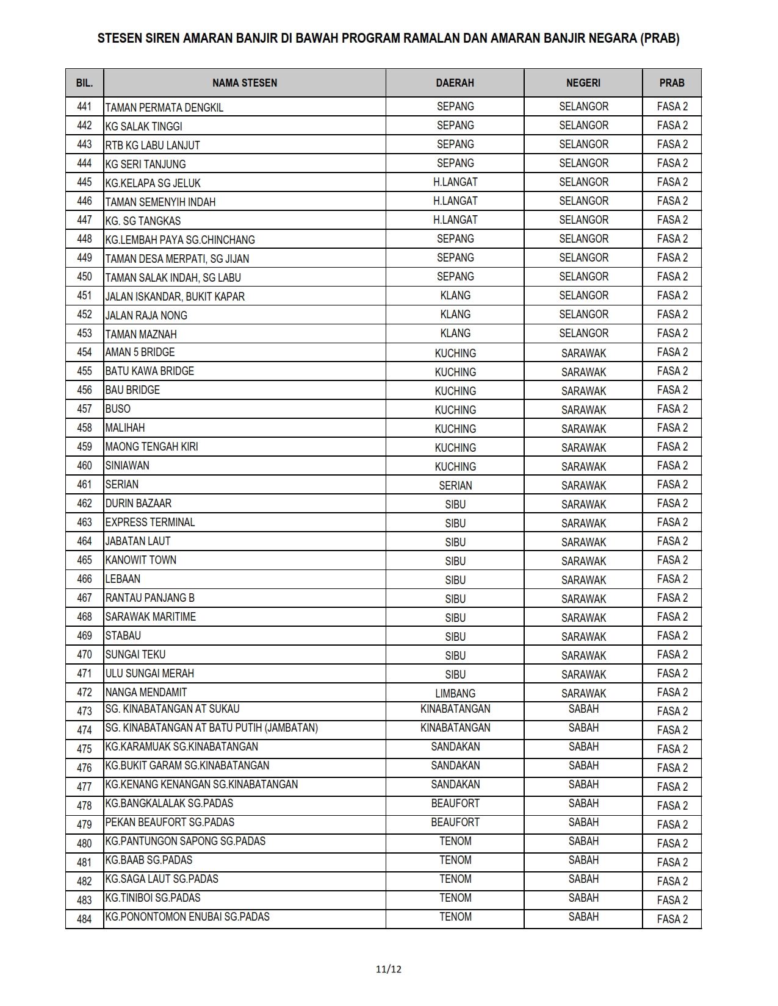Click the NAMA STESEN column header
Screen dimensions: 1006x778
click(244, 83)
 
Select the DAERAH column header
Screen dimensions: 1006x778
click(455, 83)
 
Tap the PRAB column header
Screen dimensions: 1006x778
click(672, 83)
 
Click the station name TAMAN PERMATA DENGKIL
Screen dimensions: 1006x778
click(164, 108)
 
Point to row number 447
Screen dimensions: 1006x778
click(84, 220)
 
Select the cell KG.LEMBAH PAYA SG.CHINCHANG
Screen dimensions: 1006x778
click(180, 240)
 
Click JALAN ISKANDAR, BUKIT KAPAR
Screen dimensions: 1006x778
click(175, 297)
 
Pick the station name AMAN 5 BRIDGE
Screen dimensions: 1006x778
click(140, 352)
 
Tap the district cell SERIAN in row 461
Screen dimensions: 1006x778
click(455, 486)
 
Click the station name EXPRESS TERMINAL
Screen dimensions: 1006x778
click(150, 523)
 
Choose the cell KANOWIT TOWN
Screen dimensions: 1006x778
click(140, 560)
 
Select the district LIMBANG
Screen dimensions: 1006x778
click(455, 694)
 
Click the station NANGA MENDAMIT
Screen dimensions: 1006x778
click(146, 693)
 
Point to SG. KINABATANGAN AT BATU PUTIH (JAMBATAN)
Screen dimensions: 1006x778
click(211, 728)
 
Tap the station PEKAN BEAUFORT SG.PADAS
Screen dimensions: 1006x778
click(170, 822)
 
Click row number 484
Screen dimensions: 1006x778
click(84, 919)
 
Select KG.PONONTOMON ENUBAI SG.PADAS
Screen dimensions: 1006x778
click(187, 917)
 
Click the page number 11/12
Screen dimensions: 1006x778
click(389, 969)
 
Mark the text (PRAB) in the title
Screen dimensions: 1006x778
click(660, 38)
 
